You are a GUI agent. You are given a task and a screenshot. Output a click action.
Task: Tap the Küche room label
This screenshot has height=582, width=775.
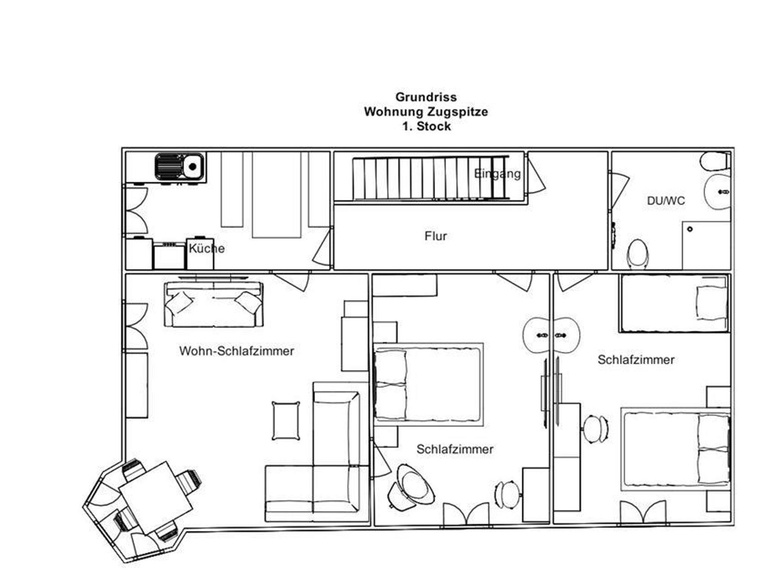pyautogui.click(x=207, y=249)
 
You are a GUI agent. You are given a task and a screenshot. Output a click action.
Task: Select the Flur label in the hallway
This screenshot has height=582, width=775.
pyautogui.click(x=436, y=236)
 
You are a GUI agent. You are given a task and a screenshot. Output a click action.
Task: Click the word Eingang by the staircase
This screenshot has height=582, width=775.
pyautogui.click(x=497, y=174)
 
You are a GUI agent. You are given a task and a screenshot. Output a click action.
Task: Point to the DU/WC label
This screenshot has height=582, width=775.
pyautogui.click(x=666, y=201)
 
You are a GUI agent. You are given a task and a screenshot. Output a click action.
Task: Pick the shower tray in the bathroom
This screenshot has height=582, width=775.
pyautogui.click(x=706, y=246)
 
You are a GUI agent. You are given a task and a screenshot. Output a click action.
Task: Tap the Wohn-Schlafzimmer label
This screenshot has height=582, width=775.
pyautogui.click(x=237, y=351)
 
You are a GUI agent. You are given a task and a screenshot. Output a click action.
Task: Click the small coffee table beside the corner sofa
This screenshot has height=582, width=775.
pyautogui.click(x=286, y=420)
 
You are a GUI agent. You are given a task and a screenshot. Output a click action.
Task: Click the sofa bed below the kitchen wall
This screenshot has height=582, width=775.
pyautogui.click(x=214, y=304)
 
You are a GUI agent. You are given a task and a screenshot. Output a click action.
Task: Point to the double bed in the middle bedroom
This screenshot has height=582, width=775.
pyautogui.click(x=428, y=384)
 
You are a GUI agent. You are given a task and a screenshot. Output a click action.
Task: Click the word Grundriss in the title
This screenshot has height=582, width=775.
pyautogui.click(x=426, y=97)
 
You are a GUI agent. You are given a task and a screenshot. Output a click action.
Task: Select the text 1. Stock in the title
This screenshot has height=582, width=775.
pyautogui.click(x=426, y=126)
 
